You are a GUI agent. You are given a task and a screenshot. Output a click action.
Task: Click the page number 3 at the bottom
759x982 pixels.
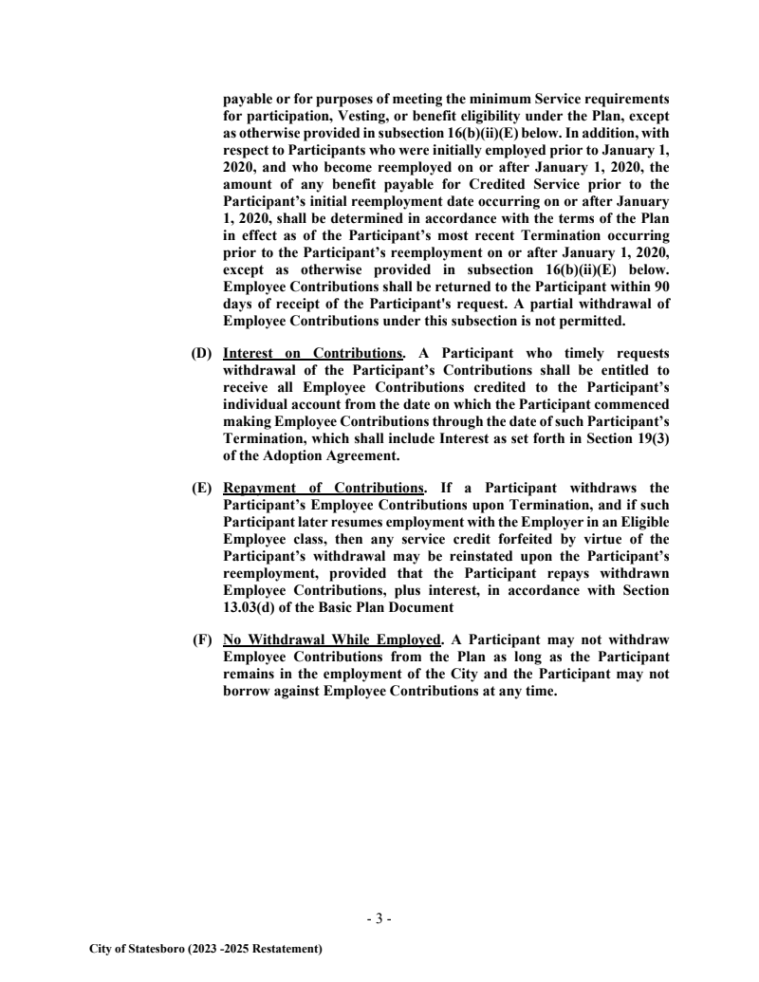(x=379, y=918)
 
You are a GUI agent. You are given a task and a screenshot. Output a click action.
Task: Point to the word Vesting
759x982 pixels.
(x=368, y=116)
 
